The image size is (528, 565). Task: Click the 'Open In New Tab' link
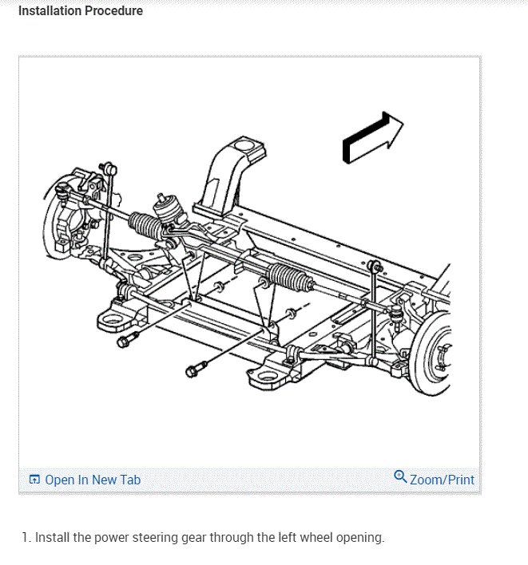[x=93, y=480]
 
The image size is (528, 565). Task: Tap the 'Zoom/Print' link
[x=442, y=480]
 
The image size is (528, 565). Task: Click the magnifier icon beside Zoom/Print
[x=400, y=477]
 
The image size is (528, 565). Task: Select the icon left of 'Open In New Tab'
[x=34, y=480]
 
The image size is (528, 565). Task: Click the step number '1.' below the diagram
[x=38, y=537]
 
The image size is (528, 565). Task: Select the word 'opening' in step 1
[x=360, y=537]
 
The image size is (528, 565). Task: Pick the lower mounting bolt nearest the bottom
[x=195, y=369]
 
